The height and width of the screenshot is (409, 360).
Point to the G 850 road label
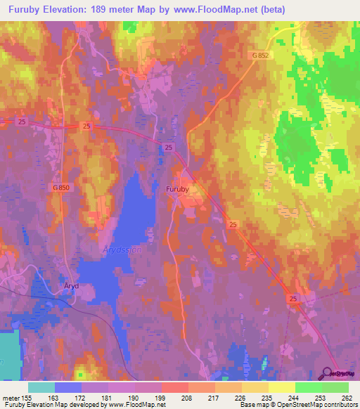click(63, 188)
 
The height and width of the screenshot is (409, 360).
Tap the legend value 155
click(25, 397)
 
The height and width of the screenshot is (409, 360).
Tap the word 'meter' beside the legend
click(10, 397)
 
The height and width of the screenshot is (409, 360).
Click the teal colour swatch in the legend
click(41, 387)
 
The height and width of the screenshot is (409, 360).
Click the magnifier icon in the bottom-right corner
click(328, 374)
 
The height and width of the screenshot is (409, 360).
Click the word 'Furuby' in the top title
click(22, 9)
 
